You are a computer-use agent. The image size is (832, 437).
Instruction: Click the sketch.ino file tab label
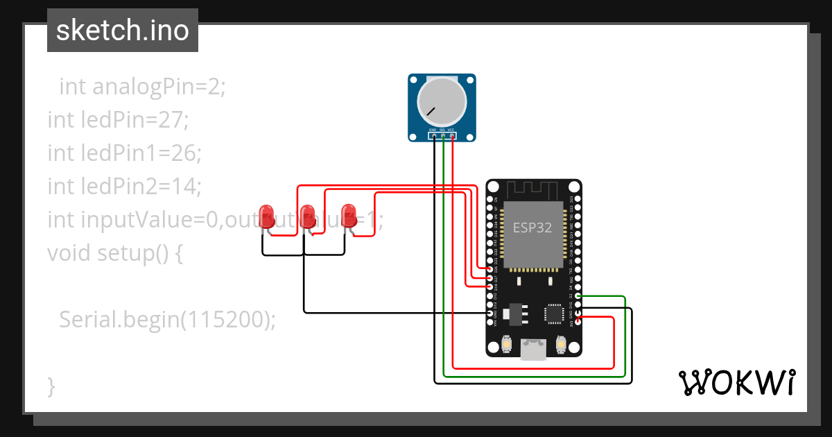[123, 31]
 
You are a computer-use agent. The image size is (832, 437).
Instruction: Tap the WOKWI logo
[736, 382]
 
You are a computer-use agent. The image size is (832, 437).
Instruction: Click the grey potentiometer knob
[441, 101]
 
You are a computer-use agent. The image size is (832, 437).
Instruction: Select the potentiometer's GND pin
[433, 135]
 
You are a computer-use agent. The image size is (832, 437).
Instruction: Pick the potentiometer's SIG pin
[442, 135]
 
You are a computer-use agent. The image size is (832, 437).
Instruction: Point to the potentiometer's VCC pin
[451, 135]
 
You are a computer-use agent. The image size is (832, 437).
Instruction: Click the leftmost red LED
[265, 214]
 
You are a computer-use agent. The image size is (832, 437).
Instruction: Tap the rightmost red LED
[349, 214]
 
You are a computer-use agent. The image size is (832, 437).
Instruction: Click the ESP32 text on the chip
[532, 228]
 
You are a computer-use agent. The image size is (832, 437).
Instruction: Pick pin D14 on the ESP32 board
[490, 286]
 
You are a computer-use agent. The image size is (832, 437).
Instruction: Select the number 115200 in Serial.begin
[229, 319]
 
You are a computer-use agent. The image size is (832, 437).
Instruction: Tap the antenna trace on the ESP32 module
[533, 190]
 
